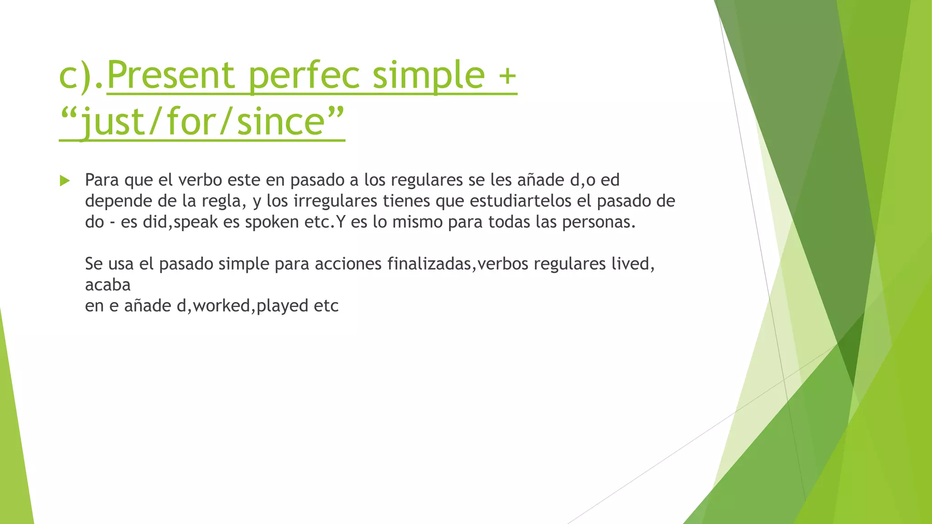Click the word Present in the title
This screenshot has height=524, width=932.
point(170,75)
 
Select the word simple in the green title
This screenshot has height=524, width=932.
point(429,75)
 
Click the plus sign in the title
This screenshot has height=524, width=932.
point(507,76)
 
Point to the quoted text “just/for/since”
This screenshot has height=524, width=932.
point(202,121)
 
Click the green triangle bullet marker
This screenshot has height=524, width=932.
point(65,181)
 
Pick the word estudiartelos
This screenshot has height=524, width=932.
point(523,201)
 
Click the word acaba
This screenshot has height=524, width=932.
point(108,285)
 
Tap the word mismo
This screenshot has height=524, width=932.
point(417,222)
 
